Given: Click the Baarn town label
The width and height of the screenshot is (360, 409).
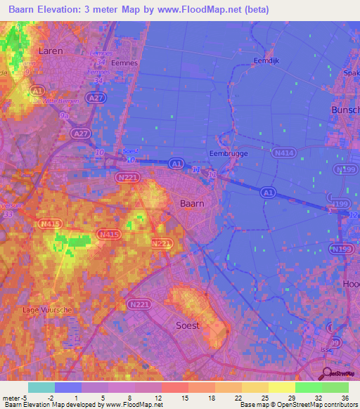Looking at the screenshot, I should click(x=192, y=202).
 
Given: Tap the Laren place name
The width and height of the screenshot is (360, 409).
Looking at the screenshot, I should click(x=51, y=51).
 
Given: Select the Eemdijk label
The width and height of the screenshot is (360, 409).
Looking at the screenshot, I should click(x=266, y=61).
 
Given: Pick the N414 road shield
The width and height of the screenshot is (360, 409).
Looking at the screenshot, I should click(x=285, y=151).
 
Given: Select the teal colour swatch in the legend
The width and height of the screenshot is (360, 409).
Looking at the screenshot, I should click(x=41, y=387).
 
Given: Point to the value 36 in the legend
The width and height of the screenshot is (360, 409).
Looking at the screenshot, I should click(x=344, y=398).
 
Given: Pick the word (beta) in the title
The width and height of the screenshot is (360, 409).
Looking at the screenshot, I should click(x=253, y=10).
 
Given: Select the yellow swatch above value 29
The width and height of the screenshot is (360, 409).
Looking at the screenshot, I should click(x=282, y=387).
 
